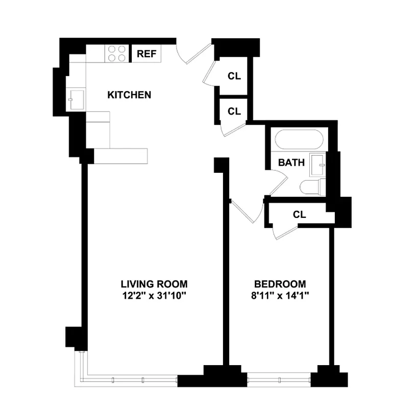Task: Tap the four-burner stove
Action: (x=117, y=54)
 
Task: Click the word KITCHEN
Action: (x=129, y=95)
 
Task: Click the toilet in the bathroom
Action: (x=311, y=188)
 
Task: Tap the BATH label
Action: (x=291, y=163)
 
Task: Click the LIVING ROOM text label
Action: (x=154, y=284)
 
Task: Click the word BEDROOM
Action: (x=280, y=284)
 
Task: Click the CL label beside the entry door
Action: (x=234, y=76)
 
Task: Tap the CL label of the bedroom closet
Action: (x=300, y=215)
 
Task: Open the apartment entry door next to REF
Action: (x=194, y=54)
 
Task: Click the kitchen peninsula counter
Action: (x=121, y=156)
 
